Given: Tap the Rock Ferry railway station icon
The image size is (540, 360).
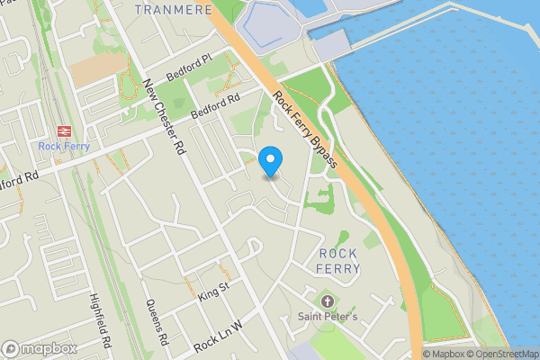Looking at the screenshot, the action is (x=64, y=130).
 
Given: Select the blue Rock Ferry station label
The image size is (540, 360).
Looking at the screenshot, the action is (x=64, y=147).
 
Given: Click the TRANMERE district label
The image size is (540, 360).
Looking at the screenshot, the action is (x=173, y=9).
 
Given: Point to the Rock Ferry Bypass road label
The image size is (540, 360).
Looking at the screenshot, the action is (x=305, y=130).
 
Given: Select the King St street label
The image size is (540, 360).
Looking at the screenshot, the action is (x=213, y=290).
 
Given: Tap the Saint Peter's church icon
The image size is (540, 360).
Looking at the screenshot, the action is (x=327, y=300).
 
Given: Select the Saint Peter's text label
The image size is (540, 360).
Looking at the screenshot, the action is (x=328, y=316).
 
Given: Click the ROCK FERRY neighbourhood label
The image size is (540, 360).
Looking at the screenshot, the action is (x=339, y=261).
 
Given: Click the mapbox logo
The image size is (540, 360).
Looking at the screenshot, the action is (x=40, y=347).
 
